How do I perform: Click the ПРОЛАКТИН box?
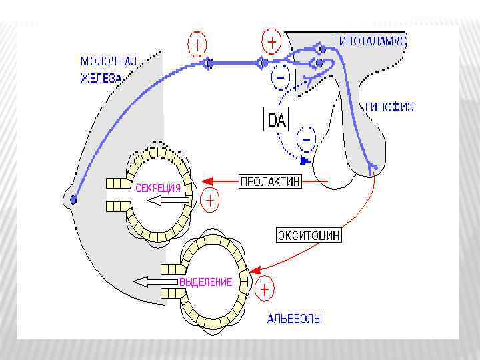[270, 181]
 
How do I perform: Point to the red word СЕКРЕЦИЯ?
[159, 188]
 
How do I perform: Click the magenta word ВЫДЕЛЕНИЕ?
[205, 282]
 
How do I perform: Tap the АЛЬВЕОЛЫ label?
[295, 320]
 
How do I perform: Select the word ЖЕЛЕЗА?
[101, 77]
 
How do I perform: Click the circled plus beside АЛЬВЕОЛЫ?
[265, 290]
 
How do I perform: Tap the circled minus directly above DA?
[280, 79]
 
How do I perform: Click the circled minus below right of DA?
[307, 139]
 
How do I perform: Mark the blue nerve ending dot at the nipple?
[73, 199]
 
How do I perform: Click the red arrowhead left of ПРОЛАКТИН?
[207, 180]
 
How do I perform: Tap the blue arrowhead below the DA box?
[305, 160]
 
